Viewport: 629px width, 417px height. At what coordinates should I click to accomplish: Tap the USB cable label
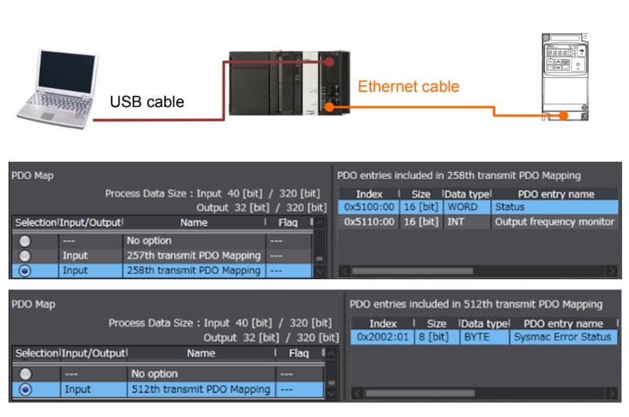tap(147, 101)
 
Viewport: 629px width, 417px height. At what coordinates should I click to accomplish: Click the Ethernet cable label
tap(409, 87)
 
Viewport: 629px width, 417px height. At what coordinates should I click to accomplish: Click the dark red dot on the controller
tap(334, 61)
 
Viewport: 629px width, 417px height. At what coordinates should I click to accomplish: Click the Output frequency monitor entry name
tap(554, 222)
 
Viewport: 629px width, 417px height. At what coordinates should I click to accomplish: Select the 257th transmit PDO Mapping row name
tap(193, 256)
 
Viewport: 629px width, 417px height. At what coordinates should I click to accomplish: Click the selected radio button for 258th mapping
tap(26, 271)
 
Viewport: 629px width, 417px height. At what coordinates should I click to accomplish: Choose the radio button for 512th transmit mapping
tap(26, 389)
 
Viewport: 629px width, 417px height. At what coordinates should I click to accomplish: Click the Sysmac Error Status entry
tap(562, 337)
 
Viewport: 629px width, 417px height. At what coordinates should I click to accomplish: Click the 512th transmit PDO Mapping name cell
tap(200, 389)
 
